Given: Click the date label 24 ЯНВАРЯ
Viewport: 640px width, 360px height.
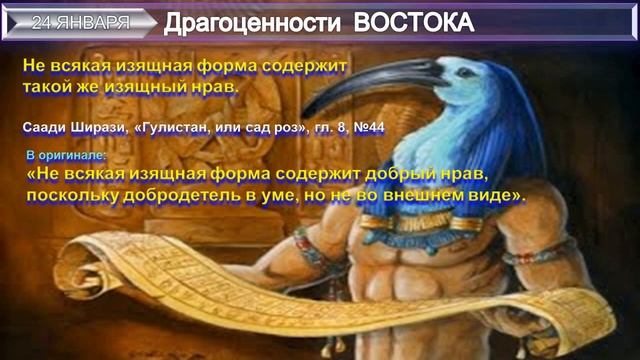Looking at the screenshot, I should pyautogui.click(x=80, y=20).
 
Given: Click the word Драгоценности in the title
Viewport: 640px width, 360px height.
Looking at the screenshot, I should pyautogui.click(x=240, y=21).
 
